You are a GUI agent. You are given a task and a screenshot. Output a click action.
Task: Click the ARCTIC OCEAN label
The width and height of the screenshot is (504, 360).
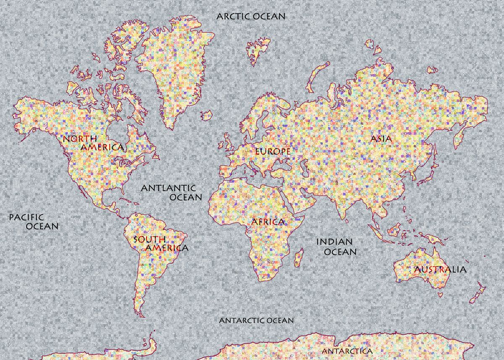pos(251,17)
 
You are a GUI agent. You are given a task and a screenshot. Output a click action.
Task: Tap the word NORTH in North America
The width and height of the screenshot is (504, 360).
pos(79,139)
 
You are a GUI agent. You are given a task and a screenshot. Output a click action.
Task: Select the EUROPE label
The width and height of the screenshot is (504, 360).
pos(273,151)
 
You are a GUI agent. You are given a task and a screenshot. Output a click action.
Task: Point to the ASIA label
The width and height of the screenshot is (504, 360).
pos(381,139)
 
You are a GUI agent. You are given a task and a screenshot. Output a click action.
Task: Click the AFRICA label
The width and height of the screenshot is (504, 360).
pos(268,222)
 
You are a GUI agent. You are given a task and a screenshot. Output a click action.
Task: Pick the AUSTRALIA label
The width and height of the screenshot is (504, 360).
pos(440,270)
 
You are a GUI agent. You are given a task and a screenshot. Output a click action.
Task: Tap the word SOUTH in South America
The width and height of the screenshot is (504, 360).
pos(149,240)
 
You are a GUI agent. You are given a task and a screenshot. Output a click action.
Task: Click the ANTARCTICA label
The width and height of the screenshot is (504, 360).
pos(347,351)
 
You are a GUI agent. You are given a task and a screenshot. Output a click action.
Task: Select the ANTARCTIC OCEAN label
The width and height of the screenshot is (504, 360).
pos(257,321)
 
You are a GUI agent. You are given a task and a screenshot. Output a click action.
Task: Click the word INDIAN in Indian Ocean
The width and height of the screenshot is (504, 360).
pos(334,242)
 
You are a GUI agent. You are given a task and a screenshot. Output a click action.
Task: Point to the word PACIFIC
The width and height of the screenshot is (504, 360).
pos(26,217)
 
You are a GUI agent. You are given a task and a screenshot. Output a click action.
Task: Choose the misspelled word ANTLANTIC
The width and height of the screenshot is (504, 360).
pos(168,188)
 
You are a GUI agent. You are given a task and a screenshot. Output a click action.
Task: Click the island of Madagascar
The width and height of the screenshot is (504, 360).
pos(299,258)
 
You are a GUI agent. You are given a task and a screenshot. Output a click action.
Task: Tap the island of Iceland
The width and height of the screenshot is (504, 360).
pos(206,114)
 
